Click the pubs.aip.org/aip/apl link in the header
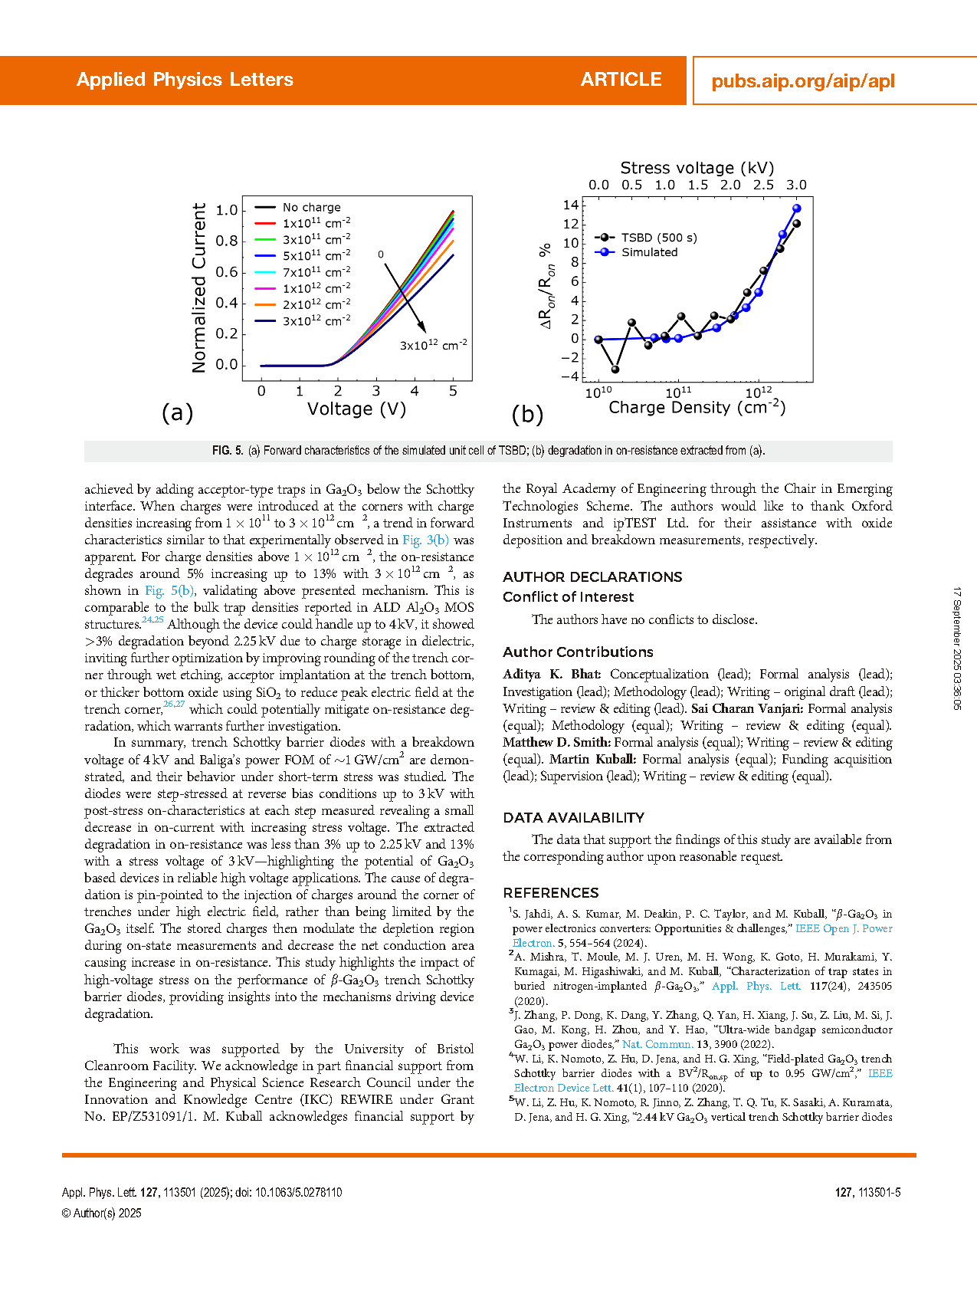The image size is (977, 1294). point(802,81)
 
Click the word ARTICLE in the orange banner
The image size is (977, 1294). point(621,80)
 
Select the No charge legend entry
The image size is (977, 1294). point(311,207)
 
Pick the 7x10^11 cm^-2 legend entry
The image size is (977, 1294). point(316,272)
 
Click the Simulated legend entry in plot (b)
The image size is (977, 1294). point(649,252)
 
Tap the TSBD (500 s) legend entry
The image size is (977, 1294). point(659,238)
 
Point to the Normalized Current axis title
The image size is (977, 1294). point(199,287)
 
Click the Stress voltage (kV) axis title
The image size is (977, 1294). point(697,168)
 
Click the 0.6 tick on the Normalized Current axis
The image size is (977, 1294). point(227,272)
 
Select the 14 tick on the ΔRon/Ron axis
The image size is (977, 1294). point(571,205)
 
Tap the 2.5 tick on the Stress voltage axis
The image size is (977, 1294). point(763,185)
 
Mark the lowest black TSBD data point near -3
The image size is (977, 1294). point(615,369)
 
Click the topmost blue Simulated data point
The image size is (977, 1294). point(797,209)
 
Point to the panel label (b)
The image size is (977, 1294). point(527,414)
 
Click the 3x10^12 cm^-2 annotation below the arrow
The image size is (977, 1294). point(433,345)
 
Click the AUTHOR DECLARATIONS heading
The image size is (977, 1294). point(592,576)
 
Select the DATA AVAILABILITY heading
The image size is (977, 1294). point(573,817)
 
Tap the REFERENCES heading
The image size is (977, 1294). point(551,892)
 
